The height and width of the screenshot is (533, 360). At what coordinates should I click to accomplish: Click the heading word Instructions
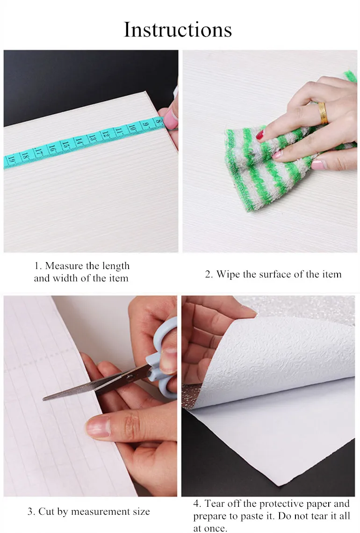coord(178,29)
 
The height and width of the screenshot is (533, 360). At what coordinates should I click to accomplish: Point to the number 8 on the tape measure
coord(158,121)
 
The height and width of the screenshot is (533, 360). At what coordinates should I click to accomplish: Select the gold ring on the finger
coord(322,113)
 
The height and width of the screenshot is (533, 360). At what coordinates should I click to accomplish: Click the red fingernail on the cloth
coord(260,135)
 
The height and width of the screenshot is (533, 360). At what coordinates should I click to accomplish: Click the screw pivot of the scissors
coord(130,377)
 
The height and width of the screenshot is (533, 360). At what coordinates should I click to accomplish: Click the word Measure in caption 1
coord(64,265)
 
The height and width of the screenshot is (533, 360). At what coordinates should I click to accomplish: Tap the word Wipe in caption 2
coord(228,274)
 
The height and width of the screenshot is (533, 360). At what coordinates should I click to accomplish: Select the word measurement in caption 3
coord(98,511)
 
